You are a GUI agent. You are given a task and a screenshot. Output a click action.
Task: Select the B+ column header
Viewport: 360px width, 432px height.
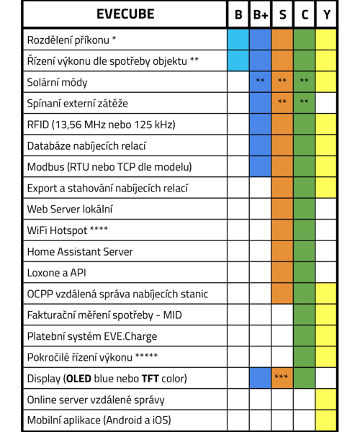click(x=260, y=14)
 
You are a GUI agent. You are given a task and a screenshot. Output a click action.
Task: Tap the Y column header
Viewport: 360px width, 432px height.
click(x=326, y=14)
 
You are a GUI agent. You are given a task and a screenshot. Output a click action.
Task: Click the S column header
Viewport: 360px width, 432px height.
click(x=282, y=14)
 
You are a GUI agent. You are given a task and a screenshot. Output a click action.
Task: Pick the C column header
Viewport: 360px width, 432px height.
click(x=304, y=14)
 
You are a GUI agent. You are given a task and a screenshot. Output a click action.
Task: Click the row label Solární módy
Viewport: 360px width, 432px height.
click(x=57, y=82)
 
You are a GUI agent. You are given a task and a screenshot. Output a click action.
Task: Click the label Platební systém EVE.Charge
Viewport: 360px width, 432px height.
click(x=91, y=336)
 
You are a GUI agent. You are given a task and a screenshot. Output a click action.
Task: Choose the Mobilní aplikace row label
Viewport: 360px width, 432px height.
click(x=99, y=420)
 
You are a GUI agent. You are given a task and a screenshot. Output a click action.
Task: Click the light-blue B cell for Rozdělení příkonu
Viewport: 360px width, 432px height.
click(x=238, y=39)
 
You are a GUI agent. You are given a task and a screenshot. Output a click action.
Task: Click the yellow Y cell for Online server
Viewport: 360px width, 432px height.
click(x=326, y=400)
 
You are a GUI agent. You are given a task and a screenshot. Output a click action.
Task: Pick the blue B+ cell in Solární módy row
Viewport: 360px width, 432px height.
click(x=260, y=82)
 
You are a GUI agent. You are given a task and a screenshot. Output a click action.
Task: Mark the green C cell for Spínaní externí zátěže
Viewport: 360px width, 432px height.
click(x=304, y=103)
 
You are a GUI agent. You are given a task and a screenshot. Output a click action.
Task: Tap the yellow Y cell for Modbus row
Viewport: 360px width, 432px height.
click(x=326, y=167)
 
